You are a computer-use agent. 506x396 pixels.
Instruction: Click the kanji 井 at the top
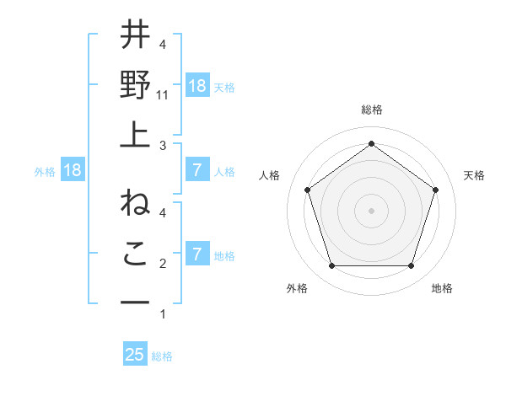click(x=135, y=36)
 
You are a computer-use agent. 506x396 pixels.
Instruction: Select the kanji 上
click(x=135, y=132)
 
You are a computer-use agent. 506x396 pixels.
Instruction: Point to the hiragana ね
click(x=135, y=205)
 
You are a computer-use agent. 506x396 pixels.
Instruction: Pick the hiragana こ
click(x=135, y=253)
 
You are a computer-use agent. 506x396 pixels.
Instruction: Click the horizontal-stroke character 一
click(x=135, y=301)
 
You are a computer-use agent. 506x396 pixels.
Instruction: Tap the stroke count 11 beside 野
click(x=163, y=96)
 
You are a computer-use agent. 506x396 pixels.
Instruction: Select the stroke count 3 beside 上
click(x=163, y=146)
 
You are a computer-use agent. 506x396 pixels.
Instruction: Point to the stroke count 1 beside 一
click(x=163, y=314)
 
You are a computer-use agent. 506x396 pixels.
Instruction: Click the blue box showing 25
click(x=135, y=355)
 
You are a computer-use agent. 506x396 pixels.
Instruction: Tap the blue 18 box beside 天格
click(x=196, y=86)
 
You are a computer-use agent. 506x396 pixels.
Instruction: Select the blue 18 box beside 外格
click(x=73, y=170)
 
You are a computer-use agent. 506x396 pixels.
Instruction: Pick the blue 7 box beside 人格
click(x=196, y=170)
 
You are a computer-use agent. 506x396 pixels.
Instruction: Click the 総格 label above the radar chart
click(x=371, y=110)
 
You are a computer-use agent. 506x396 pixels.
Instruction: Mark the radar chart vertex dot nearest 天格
click(x=436, y=190)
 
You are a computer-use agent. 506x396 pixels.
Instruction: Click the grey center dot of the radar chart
click(x=371, y=211)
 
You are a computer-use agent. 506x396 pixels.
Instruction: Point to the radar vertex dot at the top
click(x=371, y=143)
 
